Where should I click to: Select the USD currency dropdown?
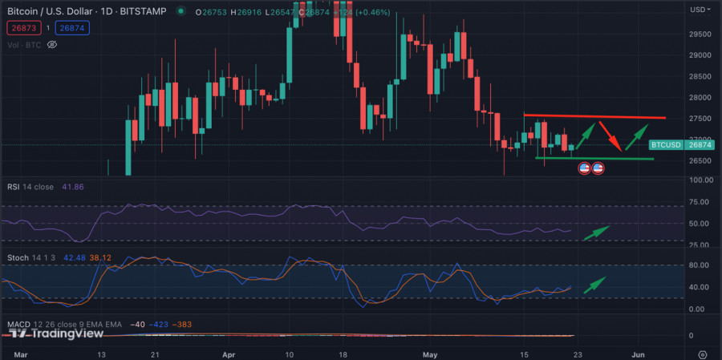pyautogui.click(x=699, y=10)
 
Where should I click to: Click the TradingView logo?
pyautogui.click(x=59, y=334)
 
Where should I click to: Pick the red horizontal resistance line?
pyautogui.click(x=594, y=116)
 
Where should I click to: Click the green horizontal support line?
pyautogui.click(x=594, y=159)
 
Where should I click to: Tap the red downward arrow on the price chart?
pyautogui.click(x=610, y=136)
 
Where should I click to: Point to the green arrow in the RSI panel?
pyautogui.click(x=596, y=232)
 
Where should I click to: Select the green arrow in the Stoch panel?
pyautogui.click(x=595, y=283)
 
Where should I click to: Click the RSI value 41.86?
pyautogui.click(x=73, y=187)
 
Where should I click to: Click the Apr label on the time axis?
pyautogui.click(x=229, y=353)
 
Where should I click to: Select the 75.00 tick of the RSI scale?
pyautogui.click(x=700, y=203)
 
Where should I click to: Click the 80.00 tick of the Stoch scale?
pyautogui.click(x=700, y=265)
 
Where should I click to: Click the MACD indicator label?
pyautogui.click(x=21, y=324)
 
